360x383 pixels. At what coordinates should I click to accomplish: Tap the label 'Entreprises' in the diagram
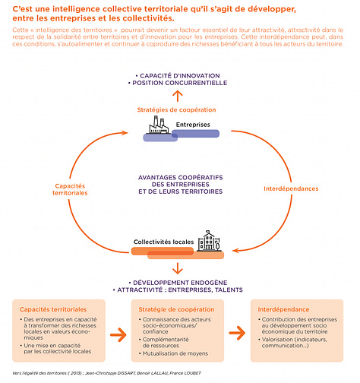(193, 125)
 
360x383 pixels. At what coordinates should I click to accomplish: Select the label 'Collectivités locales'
(163, 242)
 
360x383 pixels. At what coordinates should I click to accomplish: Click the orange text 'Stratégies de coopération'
(175, 109)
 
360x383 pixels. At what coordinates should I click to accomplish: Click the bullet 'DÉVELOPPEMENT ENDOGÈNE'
(179, 282)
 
